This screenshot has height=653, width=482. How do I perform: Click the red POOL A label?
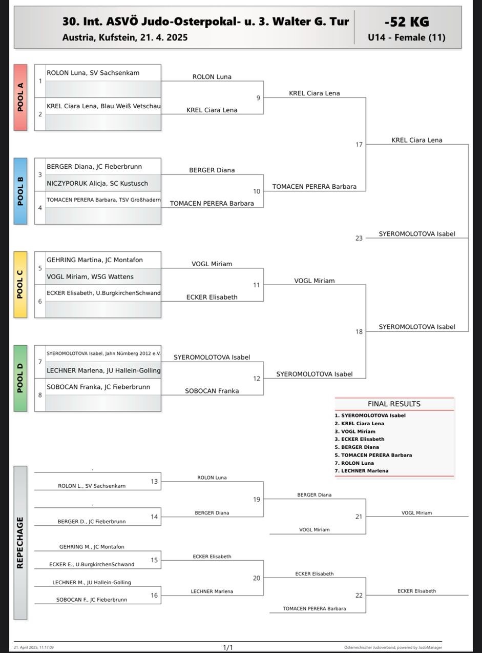point(20,97)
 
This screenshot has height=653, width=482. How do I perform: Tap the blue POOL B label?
point(20,191)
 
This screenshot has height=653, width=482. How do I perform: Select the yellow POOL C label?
point(20,285)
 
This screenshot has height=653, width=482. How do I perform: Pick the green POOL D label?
point(20,378)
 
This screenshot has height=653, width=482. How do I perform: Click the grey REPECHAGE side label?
point(20,542)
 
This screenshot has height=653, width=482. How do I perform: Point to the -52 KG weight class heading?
point(407,22)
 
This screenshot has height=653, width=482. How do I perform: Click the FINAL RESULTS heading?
point(394,404)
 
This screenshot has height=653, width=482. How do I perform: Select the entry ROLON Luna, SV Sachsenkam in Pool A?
point(93,73)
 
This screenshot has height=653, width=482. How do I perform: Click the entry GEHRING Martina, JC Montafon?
point(94,260)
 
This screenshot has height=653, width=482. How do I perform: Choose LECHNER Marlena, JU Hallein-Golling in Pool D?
point(103,370)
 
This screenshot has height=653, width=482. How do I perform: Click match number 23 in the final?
point(359,238)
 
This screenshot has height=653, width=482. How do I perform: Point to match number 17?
point(359,145)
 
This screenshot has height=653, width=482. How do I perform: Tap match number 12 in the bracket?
point(257,379)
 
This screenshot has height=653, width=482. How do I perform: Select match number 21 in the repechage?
point(359,517)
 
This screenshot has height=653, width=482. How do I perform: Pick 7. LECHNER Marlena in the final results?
point(362,471)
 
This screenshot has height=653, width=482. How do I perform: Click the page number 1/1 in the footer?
point(228,647)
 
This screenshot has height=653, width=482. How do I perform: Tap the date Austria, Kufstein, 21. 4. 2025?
point(125,37)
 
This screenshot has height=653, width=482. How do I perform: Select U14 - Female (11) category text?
point(406,37)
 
